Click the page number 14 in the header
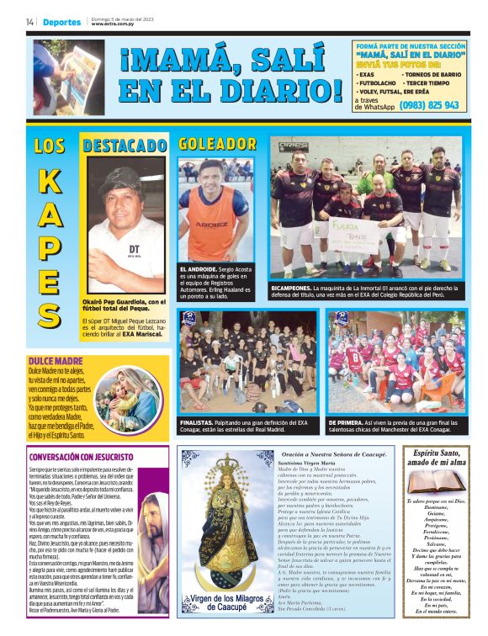[29, 22]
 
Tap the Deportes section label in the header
[61, 22]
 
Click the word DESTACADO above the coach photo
[125, 146]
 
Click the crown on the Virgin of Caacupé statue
[224, 464]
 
